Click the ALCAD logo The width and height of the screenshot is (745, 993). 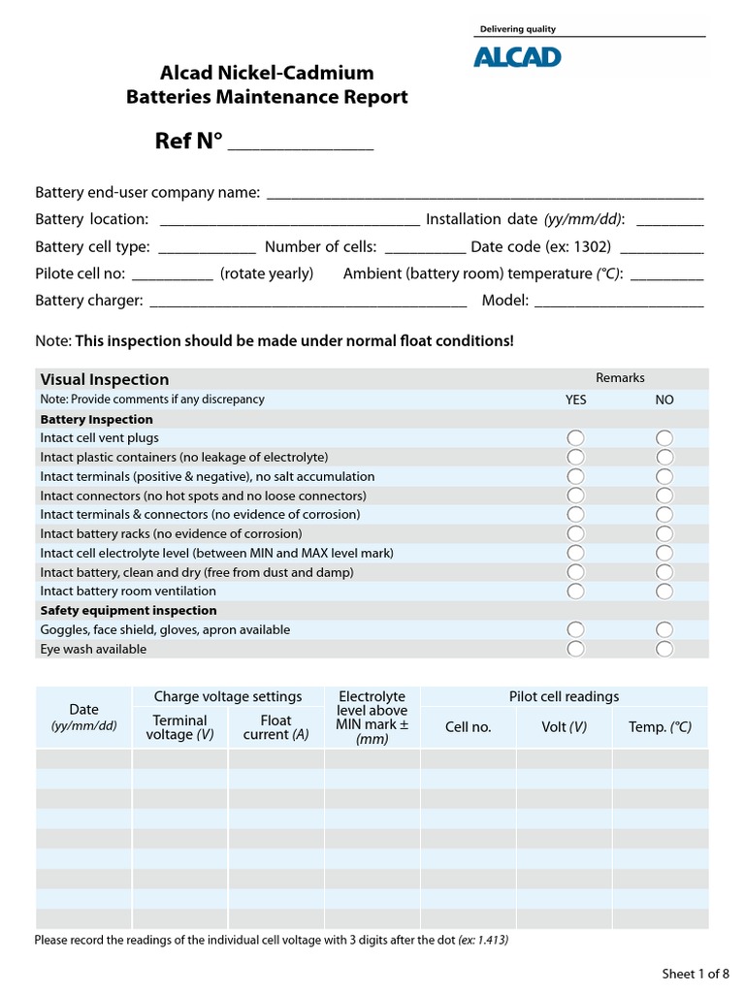tap(517, 58)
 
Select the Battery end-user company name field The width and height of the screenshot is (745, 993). tap(485, 194)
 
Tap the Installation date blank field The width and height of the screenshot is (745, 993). tap(670, 221)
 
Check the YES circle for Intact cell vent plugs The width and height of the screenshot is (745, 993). tap(575, 438)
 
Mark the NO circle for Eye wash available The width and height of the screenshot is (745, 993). tap(664, 649)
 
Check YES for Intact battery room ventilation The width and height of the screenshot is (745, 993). tap(575, 591)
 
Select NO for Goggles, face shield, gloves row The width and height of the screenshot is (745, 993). tap(664, 629)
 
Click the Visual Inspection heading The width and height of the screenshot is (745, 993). tap(105, 379)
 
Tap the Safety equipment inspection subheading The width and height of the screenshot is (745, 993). tap(128, 610)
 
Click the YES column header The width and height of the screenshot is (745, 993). tap(575, 400)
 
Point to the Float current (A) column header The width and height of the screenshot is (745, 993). tap(275, 727)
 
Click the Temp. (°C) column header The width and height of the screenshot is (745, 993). tap(660, 727)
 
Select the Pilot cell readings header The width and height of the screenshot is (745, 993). tap(564, 696)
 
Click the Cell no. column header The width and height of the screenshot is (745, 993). tap(468, 727)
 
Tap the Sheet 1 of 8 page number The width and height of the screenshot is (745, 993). tap(695, 974)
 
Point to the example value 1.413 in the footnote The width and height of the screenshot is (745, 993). tap(491, 941)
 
